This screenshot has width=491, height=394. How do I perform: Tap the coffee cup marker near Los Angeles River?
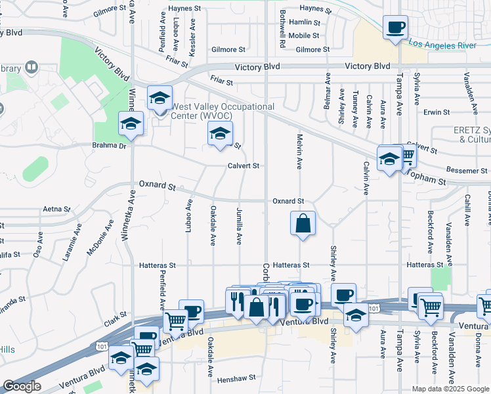pos(395,28)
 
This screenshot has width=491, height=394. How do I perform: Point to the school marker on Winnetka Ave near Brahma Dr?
pos(131,123)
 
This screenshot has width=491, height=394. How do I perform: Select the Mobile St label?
pos(303,35)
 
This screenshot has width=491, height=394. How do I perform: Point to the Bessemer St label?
pos(467,171)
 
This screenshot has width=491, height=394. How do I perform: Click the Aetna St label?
pos(56,209)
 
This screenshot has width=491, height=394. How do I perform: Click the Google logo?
pos(22,387)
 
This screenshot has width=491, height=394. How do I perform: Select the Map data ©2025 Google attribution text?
pos(450,389)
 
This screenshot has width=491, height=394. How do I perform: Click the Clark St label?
pos(114,320)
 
